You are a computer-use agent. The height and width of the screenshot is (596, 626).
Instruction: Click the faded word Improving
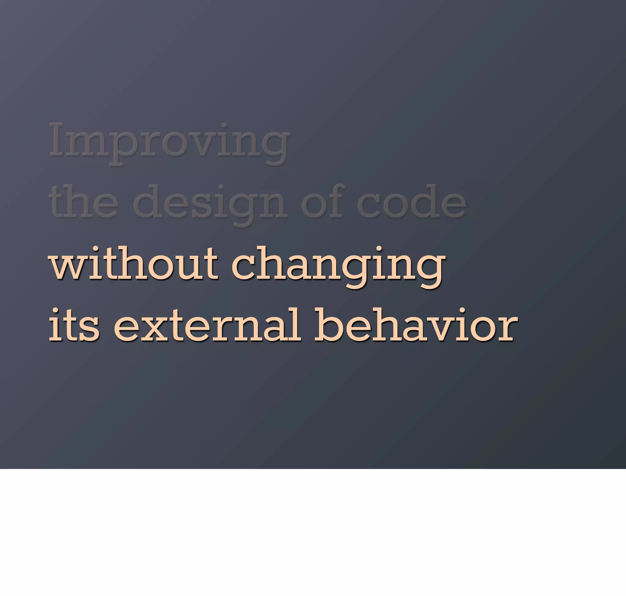tap(170, 141)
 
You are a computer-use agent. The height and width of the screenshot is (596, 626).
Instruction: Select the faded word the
tap(84, 202)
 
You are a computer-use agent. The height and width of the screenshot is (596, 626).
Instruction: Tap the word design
tap(210, 203)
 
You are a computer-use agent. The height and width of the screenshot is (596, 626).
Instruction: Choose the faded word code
tap(412, 202)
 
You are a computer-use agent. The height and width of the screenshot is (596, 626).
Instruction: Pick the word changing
tap(338, 266)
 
